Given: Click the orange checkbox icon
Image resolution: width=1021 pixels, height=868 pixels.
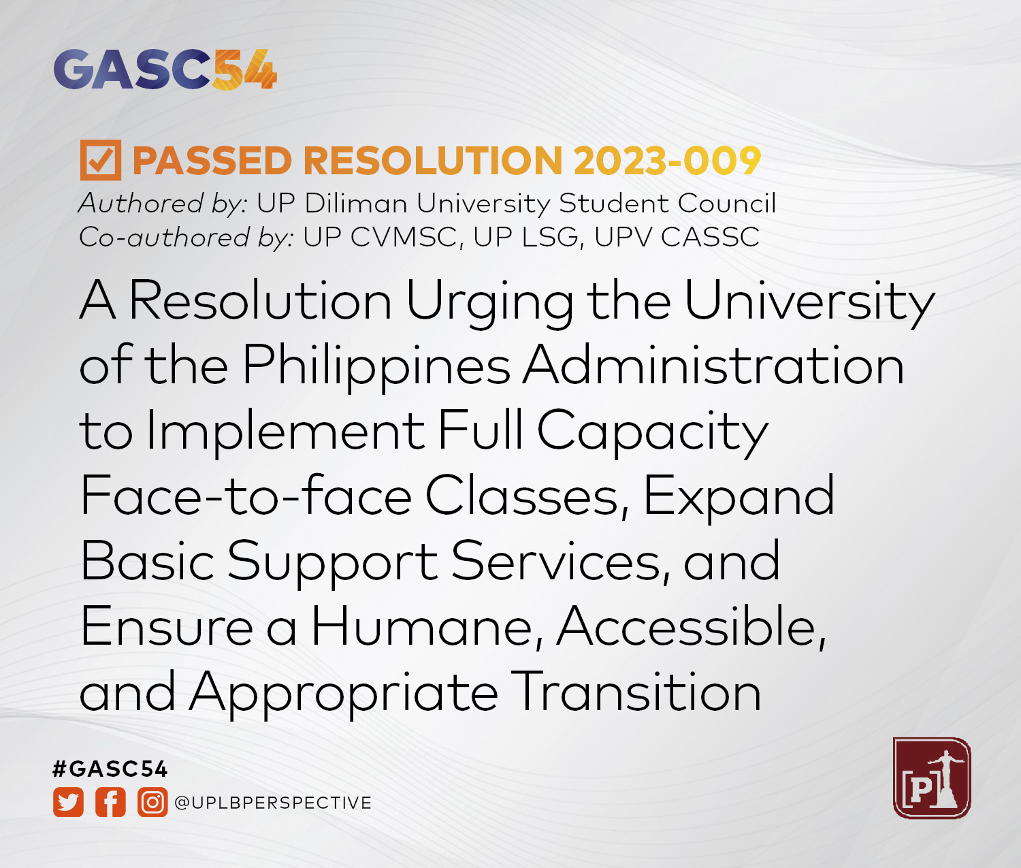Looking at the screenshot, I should (101, 161).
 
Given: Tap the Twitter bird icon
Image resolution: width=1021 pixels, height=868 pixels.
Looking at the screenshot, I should (69, 803).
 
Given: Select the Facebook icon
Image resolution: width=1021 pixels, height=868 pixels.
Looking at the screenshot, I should (110, 803).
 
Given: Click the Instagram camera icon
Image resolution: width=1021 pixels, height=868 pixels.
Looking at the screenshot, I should (152, 803).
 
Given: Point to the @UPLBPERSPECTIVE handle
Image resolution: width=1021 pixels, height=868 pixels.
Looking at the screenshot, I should (273, 803).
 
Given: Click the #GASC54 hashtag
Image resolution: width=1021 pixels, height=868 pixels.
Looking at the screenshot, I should (110, 769).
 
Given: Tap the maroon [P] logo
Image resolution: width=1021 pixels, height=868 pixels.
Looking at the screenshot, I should (931, 778).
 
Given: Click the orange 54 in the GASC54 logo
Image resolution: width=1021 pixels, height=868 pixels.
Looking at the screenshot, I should (244, 69).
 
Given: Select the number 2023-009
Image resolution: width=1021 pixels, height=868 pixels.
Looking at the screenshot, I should (667, 161).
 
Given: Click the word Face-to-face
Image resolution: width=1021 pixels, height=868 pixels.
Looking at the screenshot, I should (246, 496).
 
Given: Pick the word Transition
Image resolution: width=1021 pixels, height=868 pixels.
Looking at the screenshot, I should (636, 692).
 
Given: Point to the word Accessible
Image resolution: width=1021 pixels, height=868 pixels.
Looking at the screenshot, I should (692, 627).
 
